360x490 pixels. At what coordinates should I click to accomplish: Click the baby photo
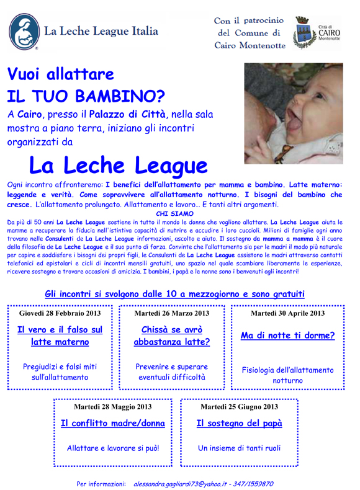293,113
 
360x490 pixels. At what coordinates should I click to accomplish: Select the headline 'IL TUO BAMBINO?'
86,96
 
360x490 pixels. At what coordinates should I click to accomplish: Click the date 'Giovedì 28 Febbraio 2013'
60,313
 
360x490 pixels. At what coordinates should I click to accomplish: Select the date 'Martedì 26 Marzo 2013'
172,313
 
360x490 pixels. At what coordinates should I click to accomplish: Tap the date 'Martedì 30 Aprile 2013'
287,313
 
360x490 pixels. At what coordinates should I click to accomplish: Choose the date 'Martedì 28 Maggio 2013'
112,407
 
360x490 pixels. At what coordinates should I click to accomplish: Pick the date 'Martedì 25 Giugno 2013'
239,407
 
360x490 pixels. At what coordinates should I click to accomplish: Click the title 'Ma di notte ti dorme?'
287,336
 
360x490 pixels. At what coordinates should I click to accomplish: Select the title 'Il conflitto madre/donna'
113,424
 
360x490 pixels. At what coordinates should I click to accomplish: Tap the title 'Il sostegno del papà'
239,424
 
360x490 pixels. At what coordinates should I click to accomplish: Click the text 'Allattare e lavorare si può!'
113,447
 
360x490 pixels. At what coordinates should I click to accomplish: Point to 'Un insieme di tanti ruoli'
239,447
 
